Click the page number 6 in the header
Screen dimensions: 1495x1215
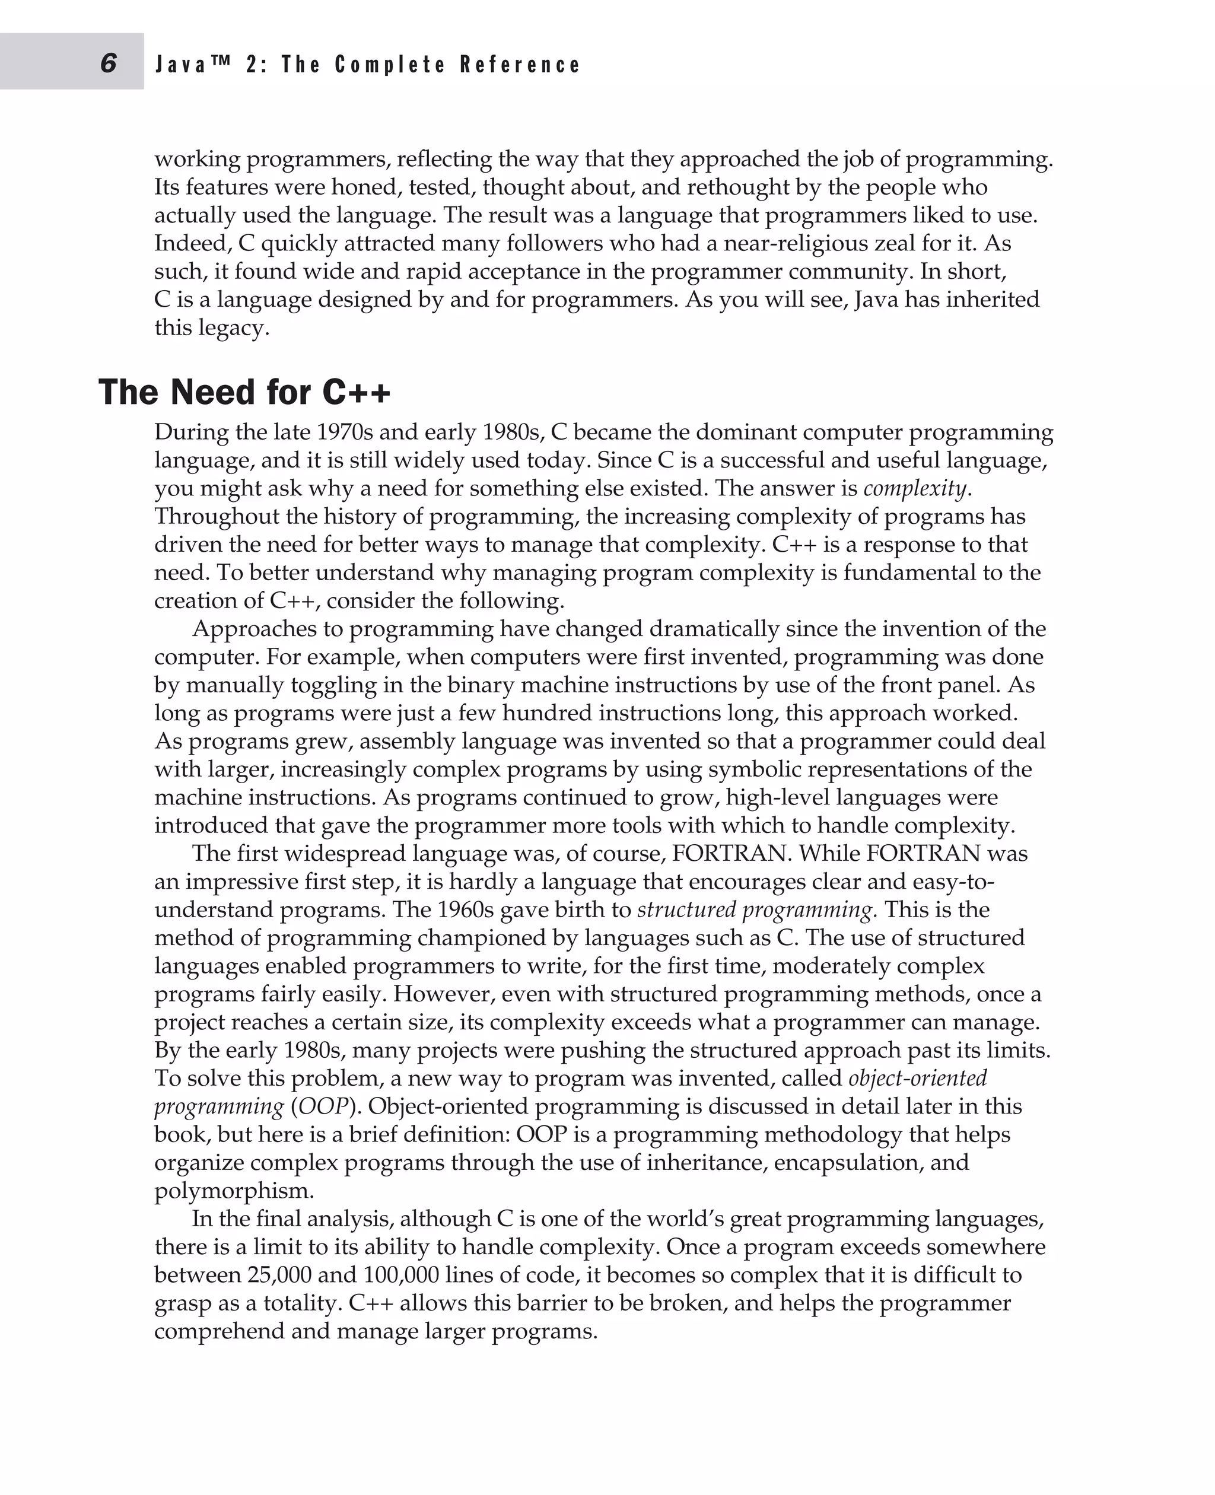pyautogui.click(x=109, y=63)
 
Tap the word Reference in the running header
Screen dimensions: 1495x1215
pyautogui.click(x=520, y=65)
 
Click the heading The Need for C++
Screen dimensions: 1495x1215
pyautogui.click(x=244, y=392)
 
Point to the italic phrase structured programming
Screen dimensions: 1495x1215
pyautogui.click(x=755, y=909)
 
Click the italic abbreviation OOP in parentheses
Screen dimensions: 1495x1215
pyautogui.click(x=324, y=1106)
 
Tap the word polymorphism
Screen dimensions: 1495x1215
pyautogui.click(x=234, y=1191)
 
